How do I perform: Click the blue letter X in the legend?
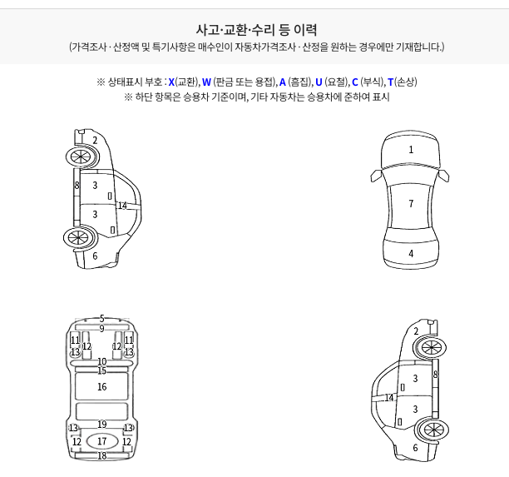[171, 82]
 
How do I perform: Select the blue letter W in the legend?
[206, 82]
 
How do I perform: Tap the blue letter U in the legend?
[319, 82]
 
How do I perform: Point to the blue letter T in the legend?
[391, 82]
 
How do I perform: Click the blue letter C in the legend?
[355, 82]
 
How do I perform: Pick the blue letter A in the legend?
[283, 82]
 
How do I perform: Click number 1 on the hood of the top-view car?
[411, 150]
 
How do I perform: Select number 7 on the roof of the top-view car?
[411, 204]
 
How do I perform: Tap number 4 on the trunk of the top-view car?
[411, 253]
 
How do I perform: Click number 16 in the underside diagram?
[102, 386]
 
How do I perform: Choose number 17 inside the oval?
[102, 441]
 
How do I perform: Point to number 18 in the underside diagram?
[102, 456]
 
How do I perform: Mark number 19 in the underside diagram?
[102, 425]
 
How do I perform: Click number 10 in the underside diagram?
[102, 361]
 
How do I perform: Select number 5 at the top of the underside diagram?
[102, 319]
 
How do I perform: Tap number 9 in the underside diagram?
[102, 329]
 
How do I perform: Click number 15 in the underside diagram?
[102, 370]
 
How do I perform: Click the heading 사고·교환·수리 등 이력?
[256, 30]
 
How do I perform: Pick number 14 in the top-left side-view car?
[122, 206]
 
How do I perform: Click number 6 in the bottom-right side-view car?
[415, 448]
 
